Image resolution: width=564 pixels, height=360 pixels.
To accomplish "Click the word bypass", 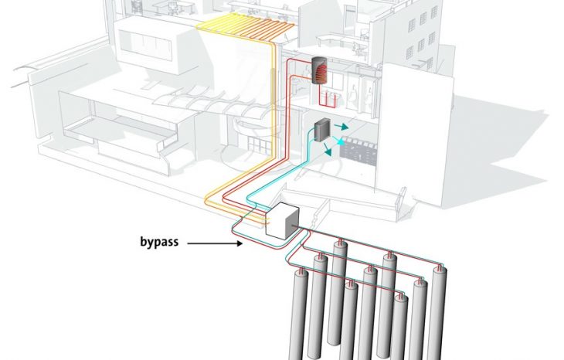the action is tap(159, 242).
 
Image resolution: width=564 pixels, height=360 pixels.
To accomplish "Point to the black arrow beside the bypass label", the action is tap(215, 243).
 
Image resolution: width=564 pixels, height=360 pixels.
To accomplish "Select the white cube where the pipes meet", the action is tap(282, 220).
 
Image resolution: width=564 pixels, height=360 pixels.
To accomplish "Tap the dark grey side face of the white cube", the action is tap(292, 223).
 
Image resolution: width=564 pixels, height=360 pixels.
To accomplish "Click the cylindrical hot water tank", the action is tap(319, 70).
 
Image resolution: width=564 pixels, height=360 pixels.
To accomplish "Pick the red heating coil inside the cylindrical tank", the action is tap(321, 71).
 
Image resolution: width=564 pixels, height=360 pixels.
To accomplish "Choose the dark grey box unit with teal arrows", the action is tap(322, 129).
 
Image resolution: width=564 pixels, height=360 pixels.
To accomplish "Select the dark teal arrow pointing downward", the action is tap(327, 149).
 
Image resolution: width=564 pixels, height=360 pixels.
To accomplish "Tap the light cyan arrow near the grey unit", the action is tap(338, 141).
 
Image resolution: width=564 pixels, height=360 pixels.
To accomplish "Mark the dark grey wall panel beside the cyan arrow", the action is tap(358, 152).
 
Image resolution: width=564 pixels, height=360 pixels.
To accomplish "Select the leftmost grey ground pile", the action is tap(298, 314).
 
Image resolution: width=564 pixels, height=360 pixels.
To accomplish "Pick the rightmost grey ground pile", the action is tap(438, 313).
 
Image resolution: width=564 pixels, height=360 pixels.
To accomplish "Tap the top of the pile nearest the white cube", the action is tap(340, 243).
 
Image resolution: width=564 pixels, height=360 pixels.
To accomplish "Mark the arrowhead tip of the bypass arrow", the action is tap(243, 243).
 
